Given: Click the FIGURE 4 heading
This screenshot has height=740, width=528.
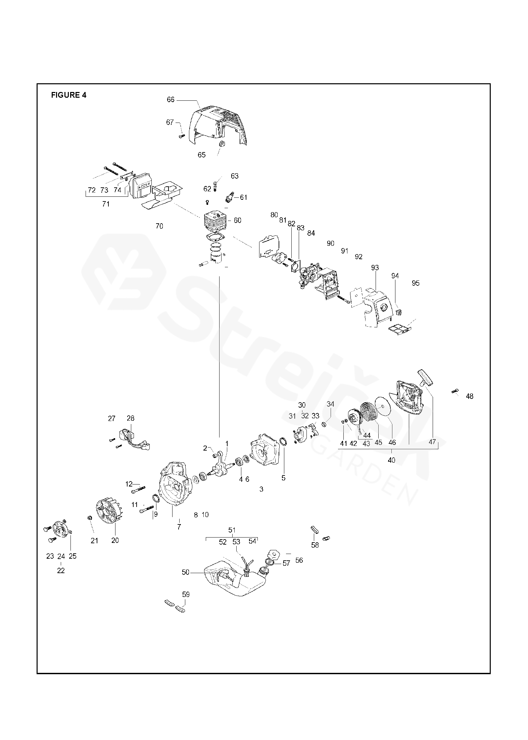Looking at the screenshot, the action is click(68, 95).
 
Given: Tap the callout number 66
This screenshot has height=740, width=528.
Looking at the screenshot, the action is click(171, 100).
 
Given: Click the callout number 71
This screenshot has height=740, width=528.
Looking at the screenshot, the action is click(106, 204).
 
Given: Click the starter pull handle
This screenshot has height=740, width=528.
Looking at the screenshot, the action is click(425, 377).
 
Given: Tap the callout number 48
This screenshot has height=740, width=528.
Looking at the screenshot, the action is click(470, 396).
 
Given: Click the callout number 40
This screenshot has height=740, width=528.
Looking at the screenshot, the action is click(391, 460).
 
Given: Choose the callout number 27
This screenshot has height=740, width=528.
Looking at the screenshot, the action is click(112, 418).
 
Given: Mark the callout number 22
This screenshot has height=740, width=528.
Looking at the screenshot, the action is click(61, 570).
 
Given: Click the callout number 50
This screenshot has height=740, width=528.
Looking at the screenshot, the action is click(186, 572).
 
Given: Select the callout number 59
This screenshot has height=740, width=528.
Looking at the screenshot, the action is click(186, 594).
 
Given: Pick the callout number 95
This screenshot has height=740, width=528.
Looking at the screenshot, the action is click(416, 283).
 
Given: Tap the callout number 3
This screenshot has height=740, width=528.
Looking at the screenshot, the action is click(261, 489).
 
